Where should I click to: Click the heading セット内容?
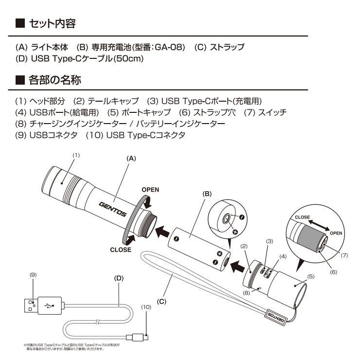click(52, 23)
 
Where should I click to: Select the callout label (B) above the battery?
click(207, 193)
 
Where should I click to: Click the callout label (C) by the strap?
click(162, 301)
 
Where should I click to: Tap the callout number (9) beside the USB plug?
click(33, 274)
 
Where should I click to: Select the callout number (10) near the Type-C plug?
click(146, 307)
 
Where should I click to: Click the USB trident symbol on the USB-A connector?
click(50, 306)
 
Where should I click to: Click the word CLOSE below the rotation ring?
click(120, 250)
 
